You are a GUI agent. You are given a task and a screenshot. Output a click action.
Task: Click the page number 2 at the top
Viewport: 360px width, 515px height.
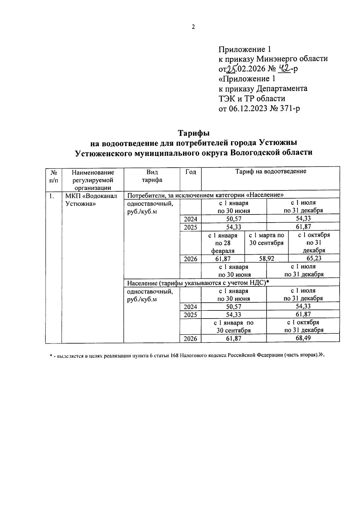click(x=193, y=27)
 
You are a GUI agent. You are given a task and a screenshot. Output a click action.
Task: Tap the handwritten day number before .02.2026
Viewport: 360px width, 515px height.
click(x=231, y=69)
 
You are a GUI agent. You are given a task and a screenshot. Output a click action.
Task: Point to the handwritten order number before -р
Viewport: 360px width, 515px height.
click(x=283, y=69)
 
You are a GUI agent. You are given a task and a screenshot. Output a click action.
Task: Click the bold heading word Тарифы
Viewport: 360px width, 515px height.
click(x=193, y=133)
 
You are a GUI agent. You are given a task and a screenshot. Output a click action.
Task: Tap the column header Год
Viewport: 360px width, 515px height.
click(x=190, y=172)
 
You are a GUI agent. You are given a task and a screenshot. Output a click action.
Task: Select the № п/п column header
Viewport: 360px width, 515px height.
click(x=54, y=176)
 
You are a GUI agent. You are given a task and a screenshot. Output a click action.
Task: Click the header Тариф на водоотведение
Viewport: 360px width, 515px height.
click(x=271, y=171)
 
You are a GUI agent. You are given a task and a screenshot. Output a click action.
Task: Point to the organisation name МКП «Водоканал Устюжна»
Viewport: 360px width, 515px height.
click(x=91, y=200)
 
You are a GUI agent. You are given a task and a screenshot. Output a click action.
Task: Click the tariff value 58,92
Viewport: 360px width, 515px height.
click(x=267, y=259)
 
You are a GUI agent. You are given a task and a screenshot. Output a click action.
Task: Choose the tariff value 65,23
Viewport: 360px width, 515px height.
click(x=314, y=258)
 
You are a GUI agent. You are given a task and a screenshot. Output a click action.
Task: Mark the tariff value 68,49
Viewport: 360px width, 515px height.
click(x=303, y=338)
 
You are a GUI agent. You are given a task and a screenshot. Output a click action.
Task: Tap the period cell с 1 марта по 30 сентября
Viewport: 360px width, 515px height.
click(x=266, y=239)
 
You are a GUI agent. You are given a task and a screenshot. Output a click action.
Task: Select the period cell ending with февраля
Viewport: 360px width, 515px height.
click(x=223, y=243)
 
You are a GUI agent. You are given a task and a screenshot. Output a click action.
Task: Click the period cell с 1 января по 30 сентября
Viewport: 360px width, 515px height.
click(x=234, y=326)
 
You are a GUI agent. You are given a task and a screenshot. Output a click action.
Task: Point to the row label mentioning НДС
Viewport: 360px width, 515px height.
click(x=198, y=283)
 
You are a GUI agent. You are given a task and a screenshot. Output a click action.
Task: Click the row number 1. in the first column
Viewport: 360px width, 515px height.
click(x=52, y=196)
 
